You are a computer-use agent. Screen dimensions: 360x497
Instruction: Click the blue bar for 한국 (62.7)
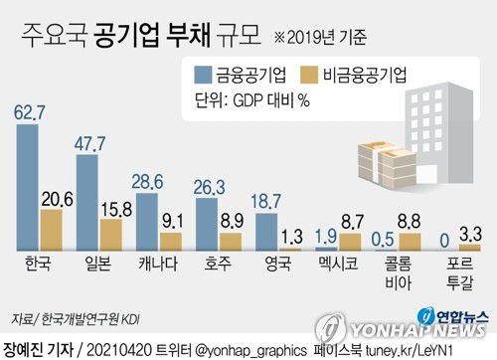[x=28, y=186]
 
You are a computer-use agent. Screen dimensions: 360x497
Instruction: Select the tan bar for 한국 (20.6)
[x=51, y=229]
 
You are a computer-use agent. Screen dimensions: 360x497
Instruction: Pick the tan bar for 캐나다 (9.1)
[x=171, y=241]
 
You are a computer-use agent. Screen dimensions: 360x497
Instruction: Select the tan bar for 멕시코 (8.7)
[x=350, y=241]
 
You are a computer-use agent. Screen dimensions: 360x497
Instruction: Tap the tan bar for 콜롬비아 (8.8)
[x=410, y=241]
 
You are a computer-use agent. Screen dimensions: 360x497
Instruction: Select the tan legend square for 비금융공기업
[x=311, y=75]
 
